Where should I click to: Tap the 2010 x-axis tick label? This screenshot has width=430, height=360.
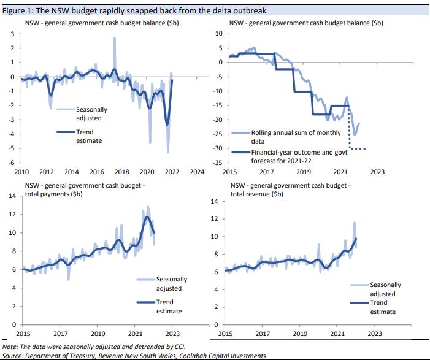coord(21,172)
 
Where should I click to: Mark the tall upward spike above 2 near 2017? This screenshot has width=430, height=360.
coord(115,39)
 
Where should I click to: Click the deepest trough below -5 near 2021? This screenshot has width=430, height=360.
coord(167,151)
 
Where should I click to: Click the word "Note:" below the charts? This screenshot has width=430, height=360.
coord(10,346)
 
